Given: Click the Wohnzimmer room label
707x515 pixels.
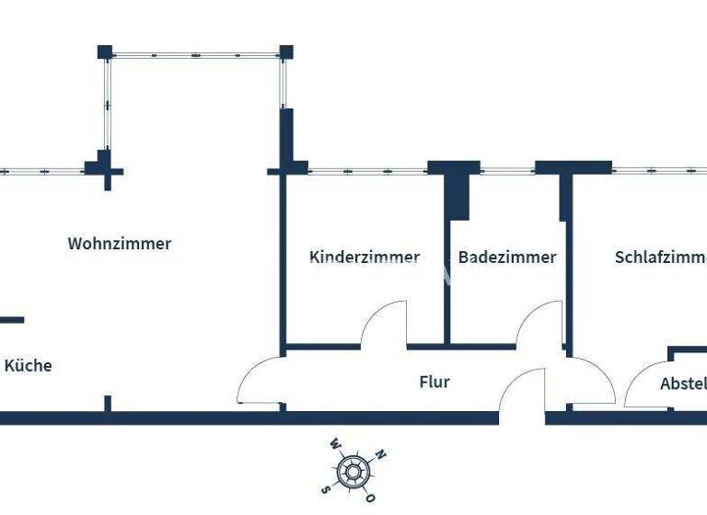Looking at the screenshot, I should pos(120,244).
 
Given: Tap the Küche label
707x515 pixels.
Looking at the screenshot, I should pos(29,365).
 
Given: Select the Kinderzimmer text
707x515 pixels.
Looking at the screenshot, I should pos(365,257).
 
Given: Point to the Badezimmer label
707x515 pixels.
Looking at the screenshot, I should pos(507,257).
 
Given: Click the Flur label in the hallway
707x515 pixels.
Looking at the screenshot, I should pos(435,381).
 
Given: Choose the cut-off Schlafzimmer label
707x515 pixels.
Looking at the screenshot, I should pos(660,257).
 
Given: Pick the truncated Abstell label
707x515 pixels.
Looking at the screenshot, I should pos(683,383).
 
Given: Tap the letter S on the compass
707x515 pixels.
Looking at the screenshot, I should pos(325,488).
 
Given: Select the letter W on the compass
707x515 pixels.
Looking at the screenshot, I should pos(335,443).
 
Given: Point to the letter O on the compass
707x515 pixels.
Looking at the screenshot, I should pos(370,498).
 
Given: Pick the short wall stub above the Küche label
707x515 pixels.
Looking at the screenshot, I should pos(12,320).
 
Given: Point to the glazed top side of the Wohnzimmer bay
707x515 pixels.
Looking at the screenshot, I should pos(195,55).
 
